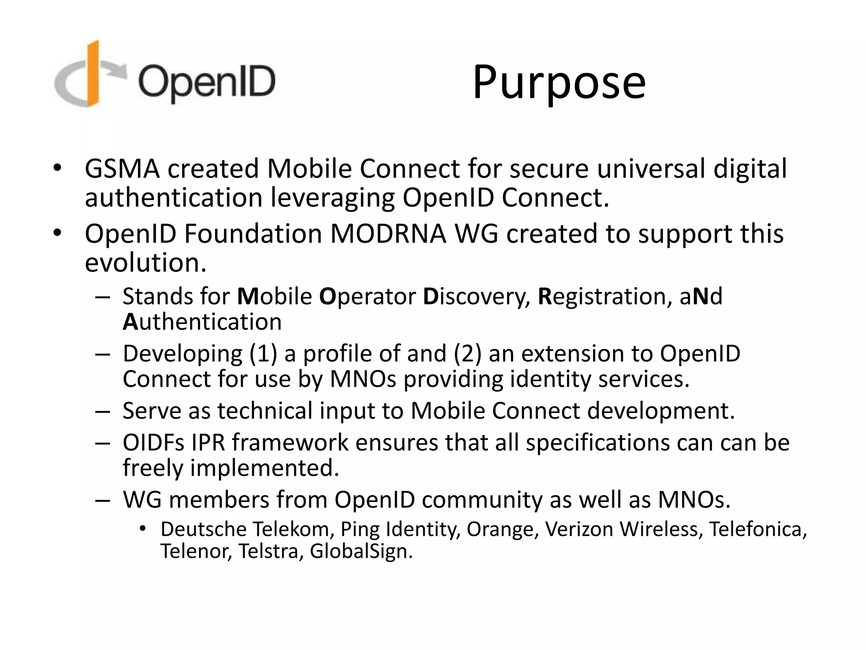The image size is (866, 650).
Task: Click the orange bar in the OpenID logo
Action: click(93, 74)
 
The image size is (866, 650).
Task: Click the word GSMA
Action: click(122, 169)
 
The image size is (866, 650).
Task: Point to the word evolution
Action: click(145, 263)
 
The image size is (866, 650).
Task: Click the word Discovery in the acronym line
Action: click(477, 296)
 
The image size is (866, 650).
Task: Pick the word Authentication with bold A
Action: click(202, 322)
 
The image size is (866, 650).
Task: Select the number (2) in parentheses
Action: click(467, 353)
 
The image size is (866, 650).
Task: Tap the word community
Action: click(482, 500)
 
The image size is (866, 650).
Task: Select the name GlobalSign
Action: click(361, 551)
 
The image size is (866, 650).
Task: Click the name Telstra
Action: click(271, 551)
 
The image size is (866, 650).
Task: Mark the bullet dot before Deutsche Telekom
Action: click(142, 528)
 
